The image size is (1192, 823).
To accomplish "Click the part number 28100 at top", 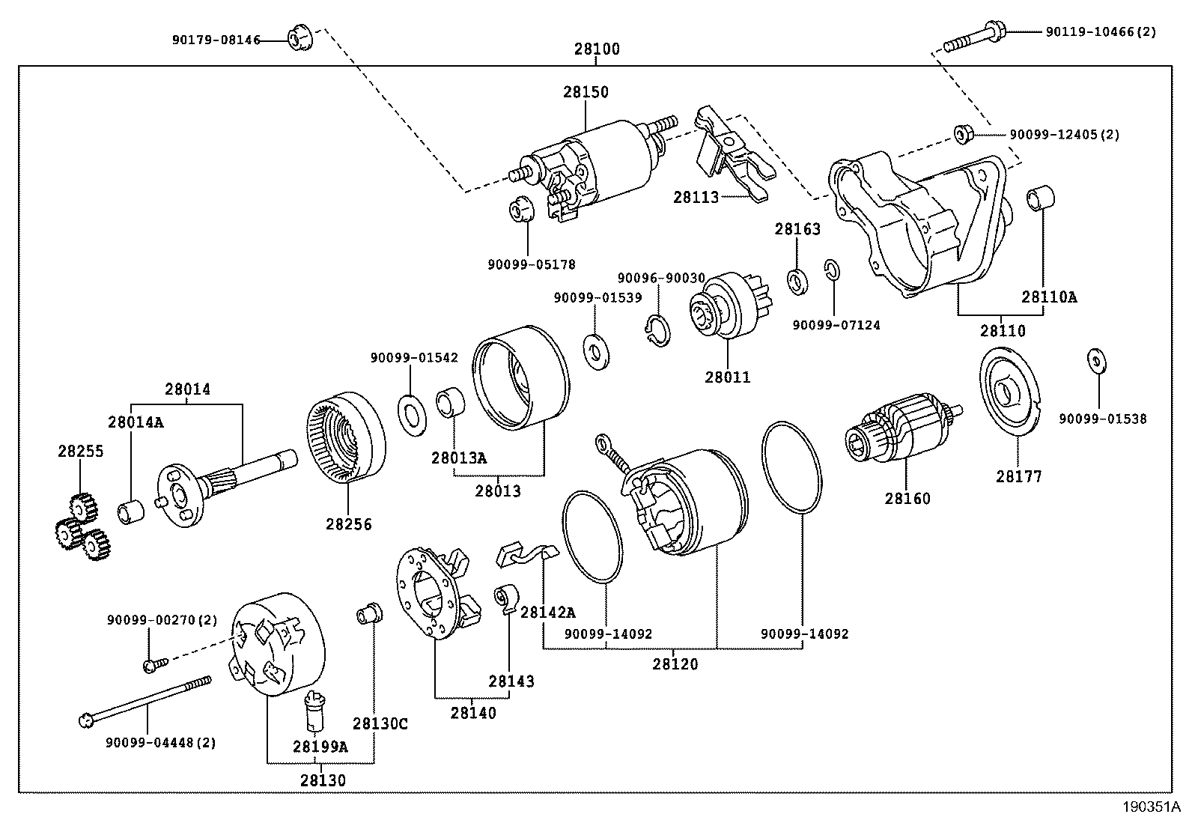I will click(597, 49).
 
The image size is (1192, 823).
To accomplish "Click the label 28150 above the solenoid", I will click(586, 92).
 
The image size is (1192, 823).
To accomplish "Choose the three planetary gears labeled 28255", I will click(79, 526).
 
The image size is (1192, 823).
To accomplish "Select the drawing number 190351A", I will click(1150, 807).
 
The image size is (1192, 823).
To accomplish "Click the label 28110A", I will click(1049, 297).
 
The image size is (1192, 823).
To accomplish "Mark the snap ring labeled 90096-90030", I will click(656, 330).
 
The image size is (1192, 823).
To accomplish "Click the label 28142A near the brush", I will click(547, 613).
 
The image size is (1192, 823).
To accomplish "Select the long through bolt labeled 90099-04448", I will click(146, 700).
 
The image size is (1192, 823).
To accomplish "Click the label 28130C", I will click(380, 723).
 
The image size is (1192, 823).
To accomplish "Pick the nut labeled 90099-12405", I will click(963, 135).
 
